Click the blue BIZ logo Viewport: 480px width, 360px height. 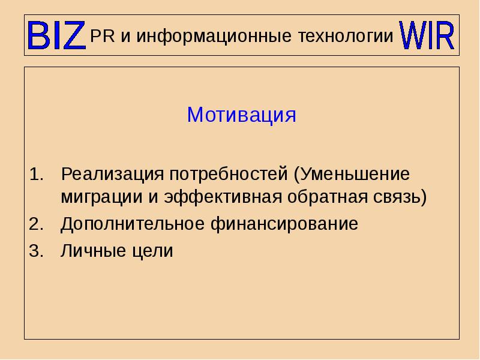click(56, 36)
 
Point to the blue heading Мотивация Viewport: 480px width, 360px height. click(242, 115)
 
